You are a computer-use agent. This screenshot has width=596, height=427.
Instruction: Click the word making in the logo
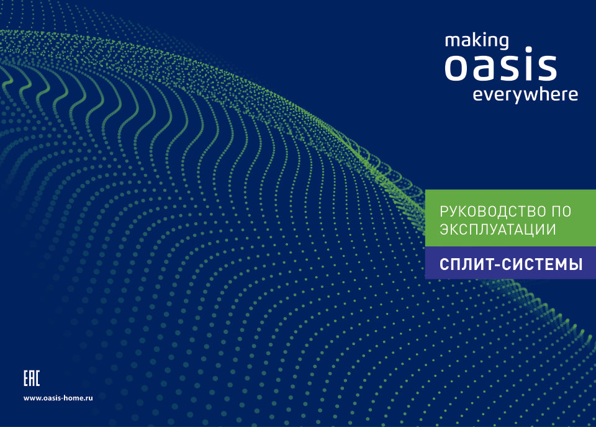pos(477,42)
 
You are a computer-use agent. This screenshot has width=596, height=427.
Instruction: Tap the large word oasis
pos(500,68)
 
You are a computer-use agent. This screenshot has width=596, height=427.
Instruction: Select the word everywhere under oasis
pos(525,95)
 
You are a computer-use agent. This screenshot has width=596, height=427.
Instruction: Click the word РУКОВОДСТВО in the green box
pos(489,211)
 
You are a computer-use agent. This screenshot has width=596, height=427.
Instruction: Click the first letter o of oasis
pos(457,68)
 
